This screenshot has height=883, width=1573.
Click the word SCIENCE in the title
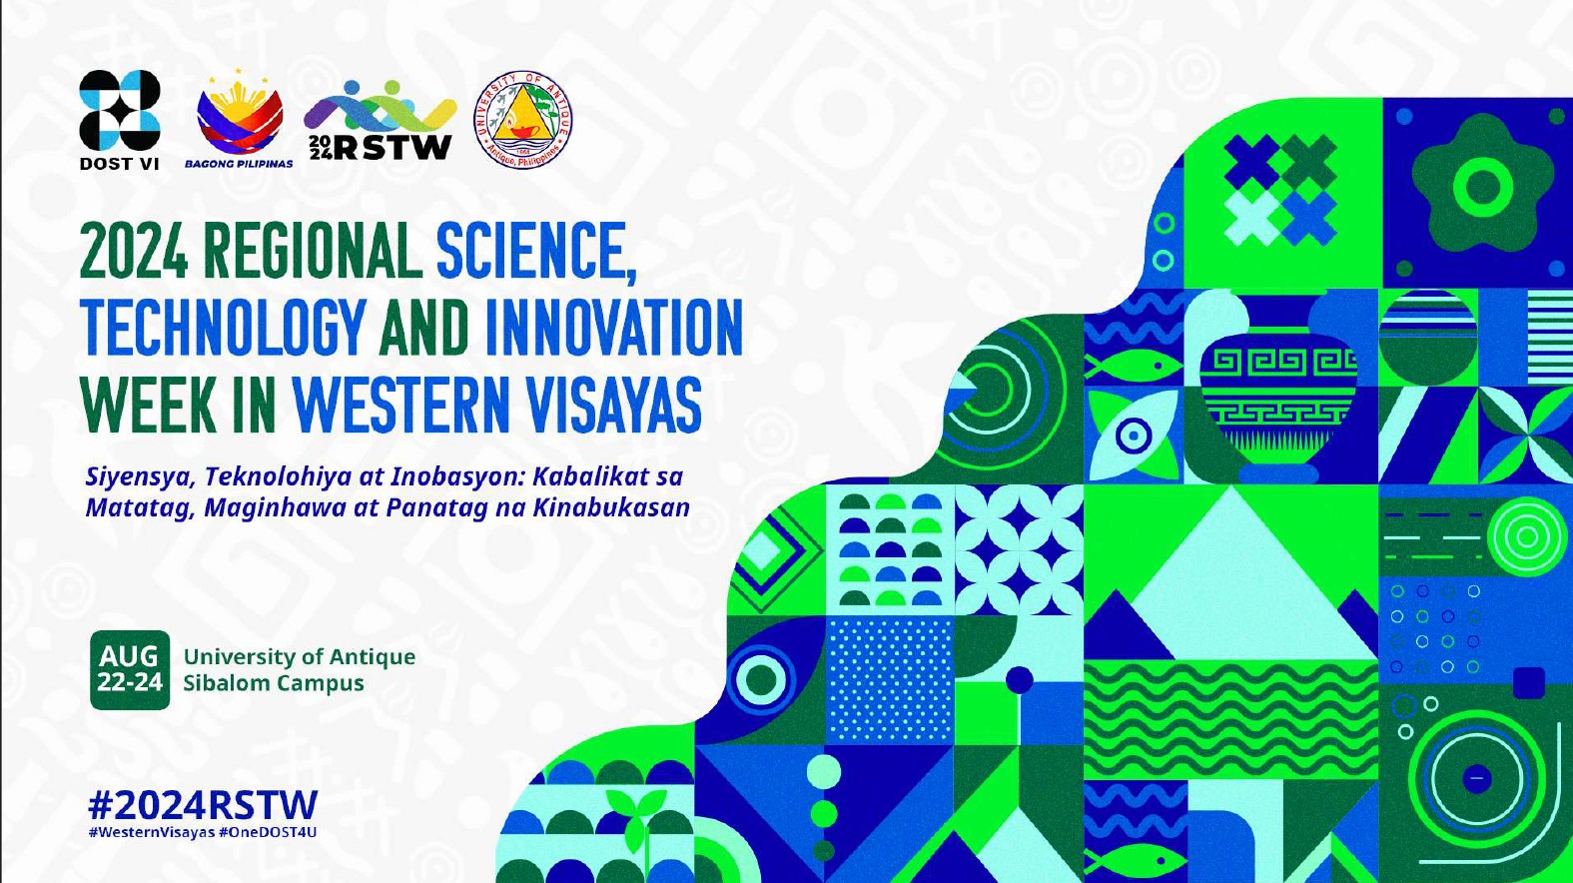click(536, 251)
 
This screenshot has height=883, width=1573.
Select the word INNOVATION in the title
click(613, 329)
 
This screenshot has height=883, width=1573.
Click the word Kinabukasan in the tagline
click(611, 507)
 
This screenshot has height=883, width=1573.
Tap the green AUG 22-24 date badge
click(130, 669)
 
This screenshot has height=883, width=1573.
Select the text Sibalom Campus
click(274, 683)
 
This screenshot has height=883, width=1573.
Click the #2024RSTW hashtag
click(203, 805)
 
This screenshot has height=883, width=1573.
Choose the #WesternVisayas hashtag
click(152, 832)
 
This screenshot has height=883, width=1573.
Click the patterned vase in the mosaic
click(1278, 387)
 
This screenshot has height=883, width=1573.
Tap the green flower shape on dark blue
click(1481, 184)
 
